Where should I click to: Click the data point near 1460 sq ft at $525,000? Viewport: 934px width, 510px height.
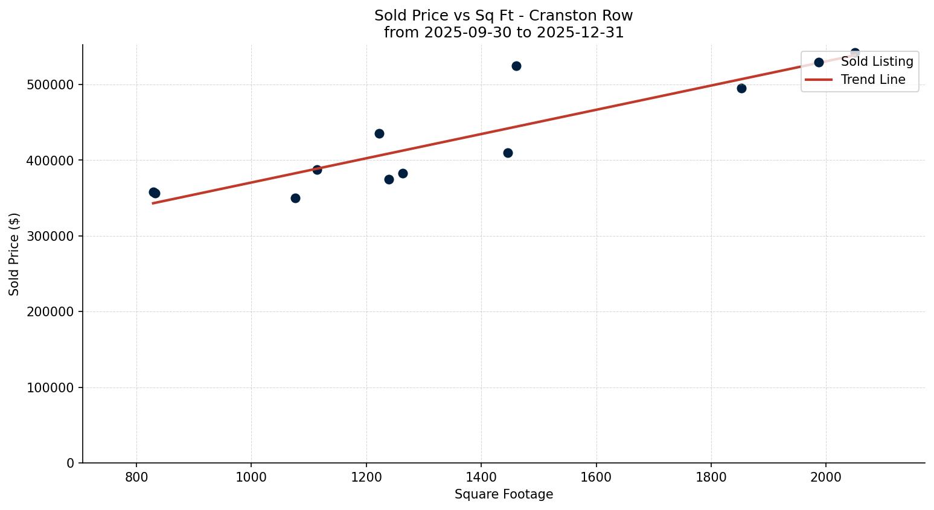(x=516, y=66)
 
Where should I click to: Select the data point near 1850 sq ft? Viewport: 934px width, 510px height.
(x=741, y=88)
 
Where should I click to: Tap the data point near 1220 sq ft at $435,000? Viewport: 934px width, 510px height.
(x=379, y=133)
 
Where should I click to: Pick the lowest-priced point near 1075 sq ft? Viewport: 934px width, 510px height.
(x=295, y=198)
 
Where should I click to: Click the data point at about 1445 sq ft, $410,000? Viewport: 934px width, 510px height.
(x=508, y=153)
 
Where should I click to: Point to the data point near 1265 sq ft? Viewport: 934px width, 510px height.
(x=403, y=173)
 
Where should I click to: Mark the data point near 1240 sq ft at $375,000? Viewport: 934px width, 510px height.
(x=389, y=179)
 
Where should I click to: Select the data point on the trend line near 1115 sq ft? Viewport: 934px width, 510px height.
(x=317, y=170)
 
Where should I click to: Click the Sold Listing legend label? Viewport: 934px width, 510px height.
(x=877, y=62)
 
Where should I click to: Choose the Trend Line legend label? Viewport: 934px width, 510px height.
(x=873, y=80)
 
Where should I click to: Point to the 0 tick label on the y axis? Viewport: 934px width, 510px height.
(x=70, y=463)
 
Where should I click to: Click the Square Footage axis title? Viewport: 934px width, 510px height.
(x=504, y=494)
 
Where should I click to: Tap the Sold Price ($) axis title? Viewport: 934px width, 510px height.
(x=14, y=254)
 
